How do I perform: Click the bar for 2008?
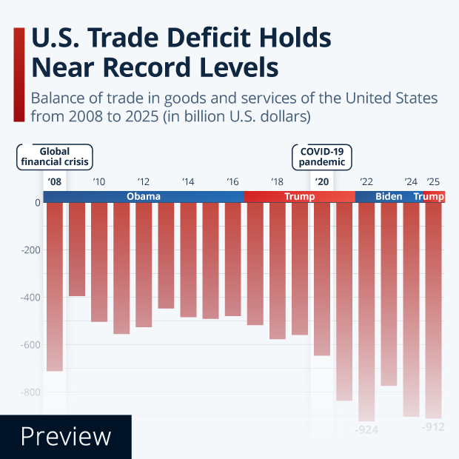[x=55, y=287]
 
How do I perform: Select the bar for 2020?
[x=321, y=279]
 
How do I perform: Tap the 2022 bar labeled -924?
[x=366, y=311]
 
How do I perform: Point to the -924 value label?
[x=366, y=429]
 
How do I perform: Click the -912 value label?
[x=433, y=427]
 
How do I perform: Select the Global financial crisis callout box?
[x=55, y=156]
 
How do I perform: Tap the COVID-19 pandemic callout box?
[x=321, y=156]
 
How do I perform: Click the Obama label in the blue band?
[x=143, y=197]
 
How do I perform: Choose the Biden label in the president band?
[x=389, y=197]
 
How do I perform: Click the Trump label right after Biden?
[x=429, y=197]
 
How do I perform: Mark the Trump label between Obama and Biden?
[x=300, y=197]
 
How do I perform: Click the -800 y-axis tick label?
[x=29, y=392]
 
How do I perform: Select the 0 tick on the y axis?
[x=37, y=203]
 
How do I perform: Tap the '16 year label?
[x=232, y=182]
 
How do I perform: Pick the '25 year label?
[x=433, y=182]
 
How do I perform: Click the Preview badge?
[x=65, y=437]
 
